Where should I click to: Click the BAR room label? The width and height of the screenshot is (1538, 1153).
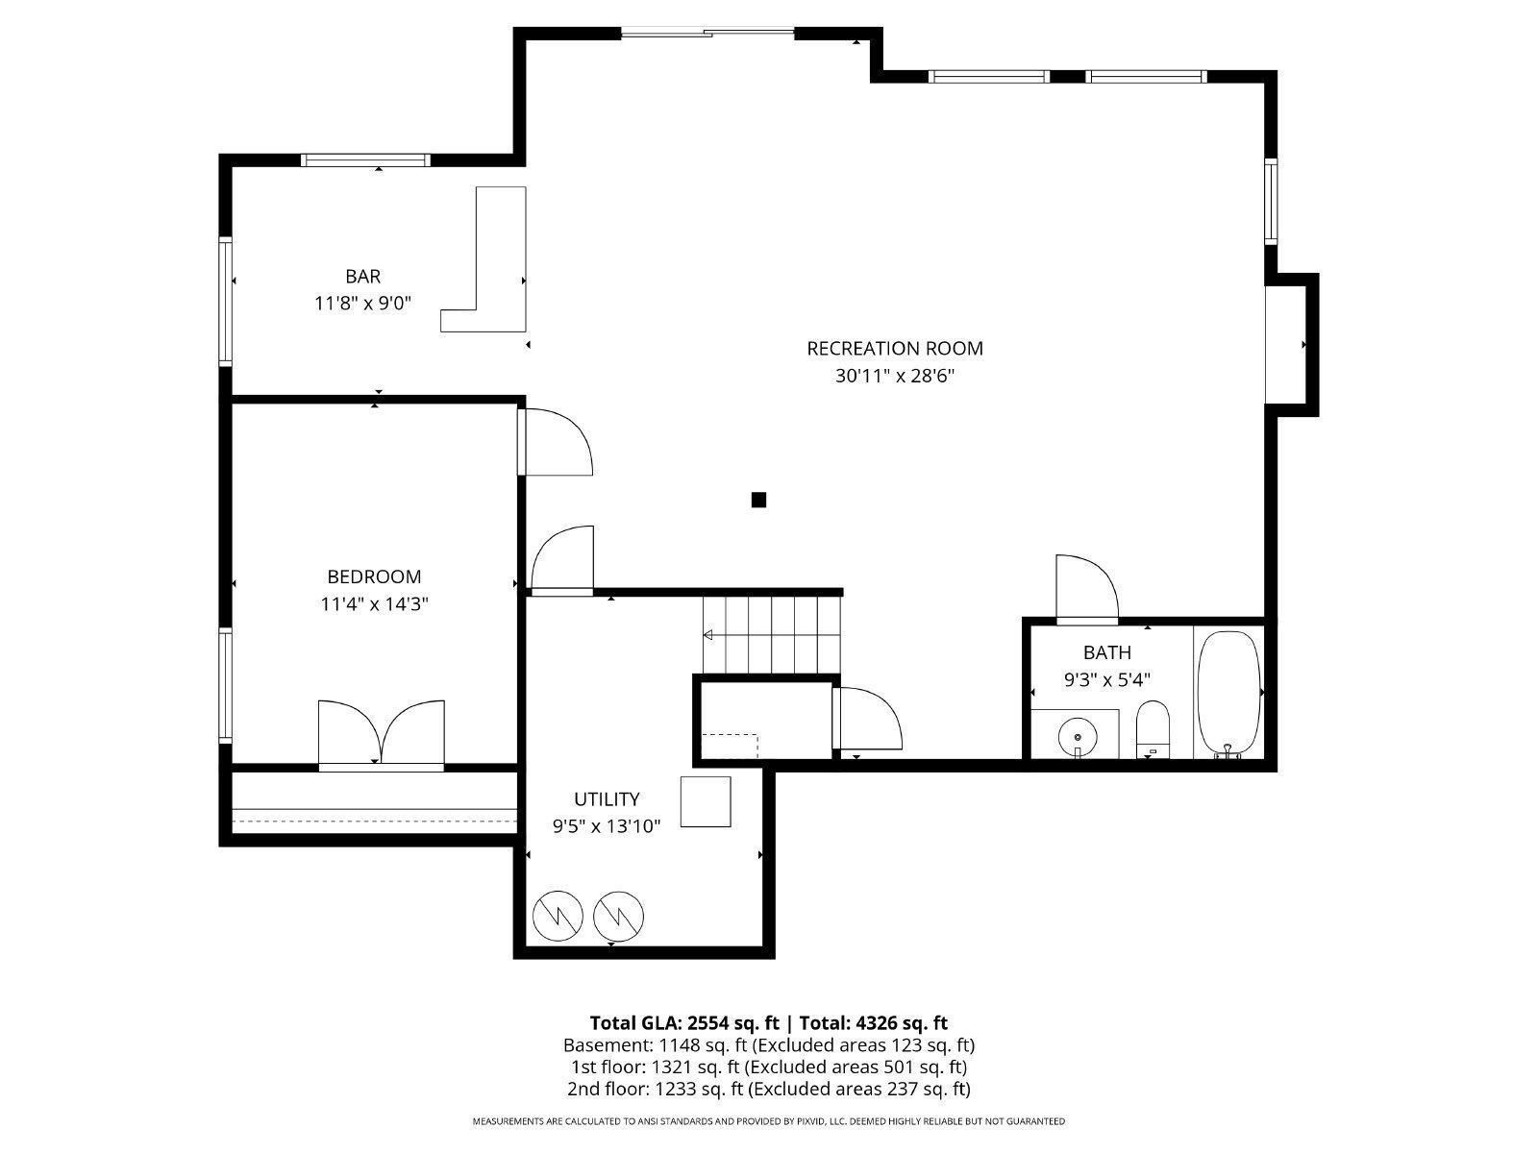coord(363,277)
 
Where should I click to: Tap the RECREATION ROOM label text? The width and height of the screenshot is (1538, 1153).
coord(894,349)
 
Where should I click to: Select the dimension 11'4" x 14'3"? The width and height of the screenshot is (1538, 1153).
coord(374,604)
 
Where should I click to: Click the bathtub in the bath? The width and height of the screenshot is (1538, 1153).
coord(1228,694)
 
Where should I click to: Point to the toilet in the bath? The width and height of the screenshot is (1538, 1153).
coord(1152,728)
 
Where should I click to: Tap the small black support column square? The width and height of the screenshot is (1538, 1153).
coord(758,500)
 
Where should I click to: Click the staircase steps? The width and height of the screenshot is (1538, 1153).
coord(772,634)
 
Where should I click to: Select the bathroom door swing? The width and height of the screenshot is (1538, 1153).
coord(1086,588)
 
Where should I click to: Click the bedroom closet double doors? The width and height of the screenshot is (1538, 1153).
coord(382,733)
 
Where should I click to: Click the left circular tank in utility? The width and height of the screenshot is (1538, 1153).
coord(558,916)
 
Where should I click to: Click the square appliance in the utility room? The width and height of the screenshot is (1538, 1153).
coord(706,801)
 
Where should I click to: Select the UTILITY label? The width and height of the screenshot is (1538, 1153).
coord(607,799)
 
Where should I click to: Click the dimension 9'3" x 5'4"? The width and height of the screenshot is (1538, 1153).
coord(1106,679)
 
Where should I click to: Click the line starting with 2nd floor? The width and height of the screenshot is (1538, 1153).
coord(768,1089)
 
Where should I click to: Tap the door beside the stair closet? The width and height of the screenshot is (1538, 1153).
coord(868,721)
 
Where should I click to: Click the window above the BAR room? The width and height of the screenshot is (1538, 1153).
coord(364,159)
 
